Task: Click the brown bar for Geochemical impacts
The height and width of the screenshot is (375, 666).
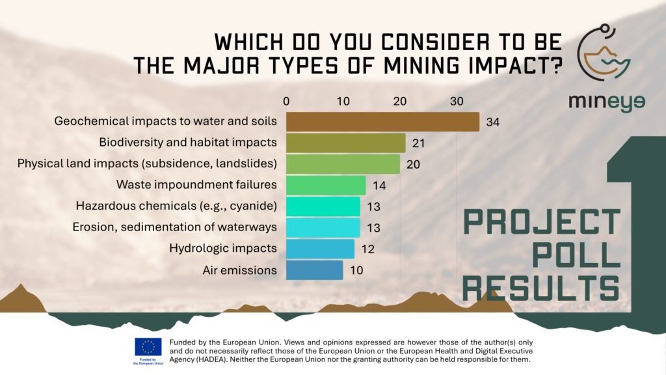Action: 382,122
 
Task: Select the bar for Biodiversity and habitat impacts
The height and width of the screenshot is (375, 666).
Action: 345,143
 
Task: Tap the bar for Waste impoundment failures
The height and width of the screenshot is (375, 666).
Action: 326,185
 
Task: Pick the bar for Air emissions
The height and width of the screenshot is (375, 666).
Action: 314,270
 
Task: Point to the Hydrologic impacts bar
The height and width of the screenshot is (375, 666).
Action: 320,249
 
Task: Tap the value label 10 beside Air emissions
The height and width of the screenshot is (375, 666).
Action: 356,270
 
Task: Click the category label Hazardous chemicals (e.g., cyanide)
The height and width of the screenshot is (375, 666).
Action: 176,206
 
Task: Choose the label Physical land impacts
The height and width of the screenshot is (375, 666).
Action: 148,164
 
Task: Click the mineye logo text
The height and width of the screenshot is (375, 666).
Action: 607,103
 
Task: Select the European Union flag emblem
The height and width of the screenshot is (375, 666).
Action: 148,347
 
